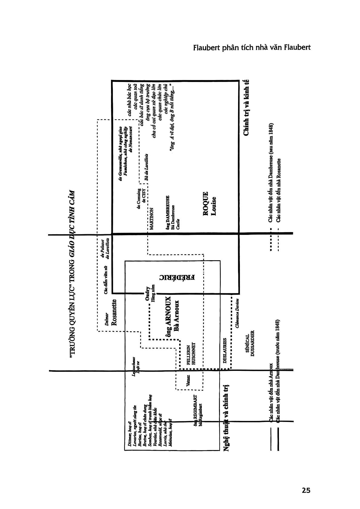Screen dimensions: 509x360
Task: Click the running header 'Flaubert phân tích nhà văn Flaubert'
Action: click(x=252, y=48)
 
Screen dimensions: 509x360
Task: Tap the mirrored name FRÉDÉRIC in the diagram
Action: click(x=178, y=277)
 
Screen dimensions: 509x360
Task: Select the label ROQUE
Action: click(x=206, y=204)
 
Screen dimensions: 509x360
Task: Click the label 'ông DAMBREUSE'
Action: click(x=168, y=211)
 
